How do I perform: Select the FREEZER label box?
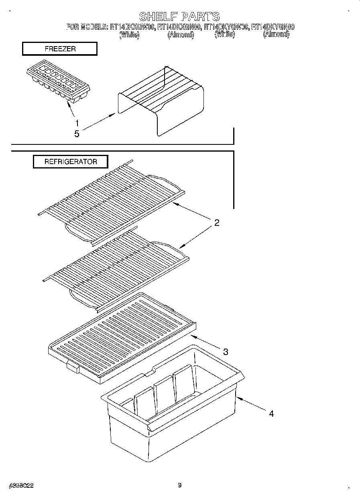point(59,49)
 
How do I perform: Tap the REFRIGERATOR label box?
point(70,162)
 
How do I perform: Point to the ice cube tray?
point(59,83)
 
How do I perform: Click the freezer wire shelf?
point(161,100)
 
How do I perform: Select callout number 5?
point(77,134)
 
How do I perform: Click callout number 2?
point(216,223)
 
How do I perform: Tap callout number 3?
point(226,352)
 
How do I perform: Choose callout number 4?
point(271,414)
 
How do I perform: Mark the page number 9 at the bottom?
point(180,485)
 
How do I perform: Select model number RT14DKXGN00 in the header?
point(179,27)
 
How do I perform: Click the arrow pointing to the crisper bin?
point(251,404)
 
